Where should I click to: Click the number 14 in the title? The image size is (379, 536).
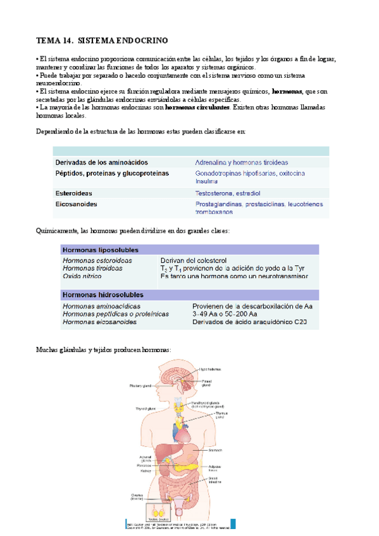point(65,40)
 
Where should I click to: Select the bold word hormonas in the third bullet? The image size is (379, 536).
point(286,91)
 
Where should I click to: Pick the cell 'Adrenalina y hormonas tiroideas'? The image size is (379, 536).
point(241,162)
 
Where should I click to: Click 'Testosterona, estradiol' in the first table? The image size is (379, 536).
point(228,193)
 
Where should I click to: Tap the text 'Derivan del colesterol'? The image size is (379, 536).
point(194,260)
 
